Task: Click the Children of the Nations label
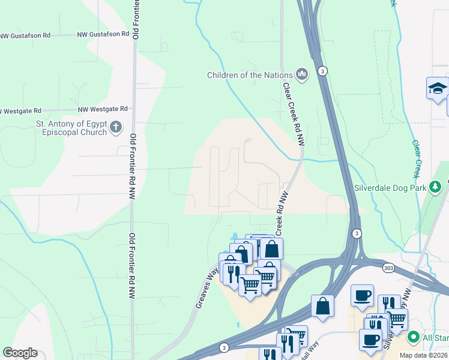click(x=250, y=75)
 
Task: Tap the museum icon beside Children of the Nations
click(x=301, y=75)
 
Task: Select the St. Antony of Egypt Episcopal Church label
click(x=71, y=128)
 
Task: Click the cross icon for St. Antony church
click(x=116, y=127)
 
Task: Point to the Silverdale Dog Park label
click(x=390, y=188)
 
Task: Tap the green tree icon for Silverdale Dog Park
click(x=436, y=188)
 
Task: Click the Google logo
click(x=20, y=353)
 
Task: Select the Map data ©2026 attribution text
click(x=423, y=355)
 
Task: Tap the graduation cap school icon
click(x=438, y=89)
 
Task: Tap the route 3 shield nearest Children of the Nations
click(x=323, y=71)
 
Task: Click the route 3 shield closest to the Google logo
click(x=224, y=347)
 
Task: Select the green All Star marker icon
click(x=412, y=337)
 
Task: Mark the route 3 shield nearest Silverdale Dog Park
click(x=357, y=233)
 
